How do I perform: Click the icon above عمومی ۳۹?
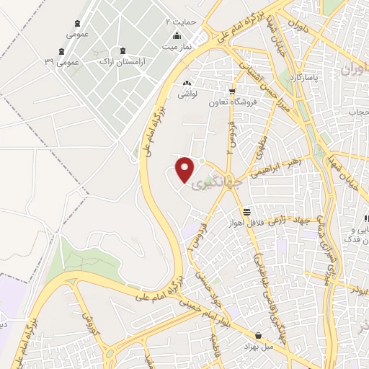pyautogui.click(x=61, y=50)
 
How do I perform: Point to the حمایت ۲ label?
pyautogui.click(x=181, y=22)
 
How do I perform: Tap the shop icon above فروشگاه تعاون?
pyautogui.click(x=231, y=92)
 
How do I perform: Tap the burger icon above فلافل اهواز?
pyautogui.click(x=247, y=212)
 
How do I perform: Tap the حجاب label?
pyautogui.click(x=358, y=112)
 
